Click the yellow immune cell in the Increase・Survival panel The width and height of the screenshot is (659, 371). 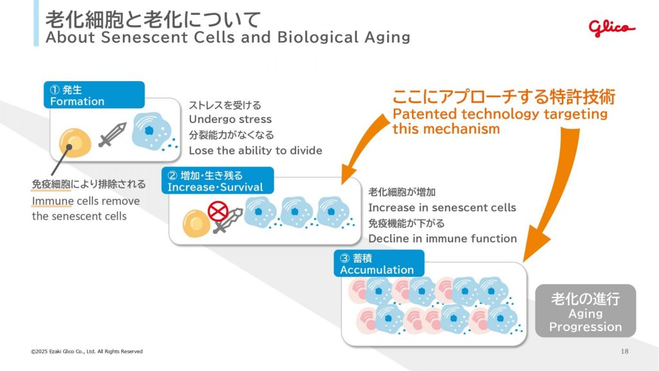tap(195, 222)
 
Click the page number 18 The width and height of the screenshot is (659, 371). tap(624, 351)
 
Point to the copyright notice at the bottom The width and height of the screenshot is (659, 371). tap(87, 351)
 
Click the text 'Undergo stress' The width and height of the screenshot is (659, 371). tap(230, 119)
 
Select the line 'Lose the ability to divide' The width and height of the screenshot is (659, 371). tap(255, 151)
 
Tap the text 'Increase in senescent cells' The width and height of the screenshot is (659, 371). tap(441, 207)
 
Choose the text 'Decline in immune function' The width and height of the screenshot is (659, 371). tap(442, 238)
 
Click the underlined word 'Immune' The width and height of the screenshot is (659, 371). tap(52, 201)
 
